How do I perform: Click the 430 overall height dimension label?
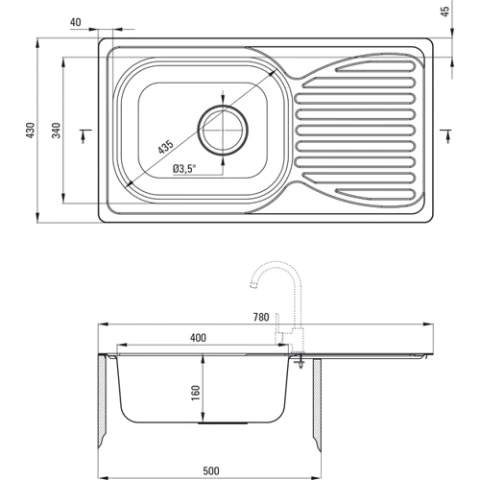[x=30, y=131]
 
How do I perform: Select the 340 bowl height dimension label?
[x=57, y=131]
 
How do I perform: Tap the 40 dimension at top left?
[x=76, y=22]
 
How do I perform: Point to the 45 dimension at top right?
[x=445, y=12]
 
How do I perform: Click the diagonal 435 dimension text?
[x=165, y=147]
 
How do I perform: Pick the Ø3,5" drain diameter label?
[x=183, y=169]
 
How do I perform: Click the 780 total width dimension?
[x=261, y=317]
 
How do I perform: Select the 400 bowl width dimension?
[x=198, y=338]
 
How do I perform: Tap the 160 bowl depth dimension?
[x=195, y=393]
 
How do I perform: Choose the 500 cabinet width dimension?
[x=211, y=471]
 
